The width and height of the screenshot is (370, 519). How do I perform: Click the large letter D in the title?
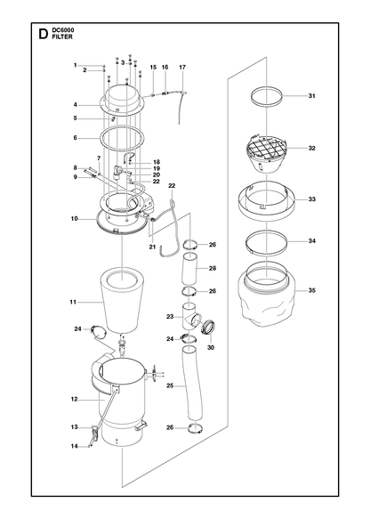click(43, 34)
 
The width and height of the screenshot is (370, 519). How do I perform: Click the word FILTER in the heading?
click(62, 37)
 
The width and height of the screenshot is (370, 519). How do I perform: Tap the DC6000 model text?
click(63, 30)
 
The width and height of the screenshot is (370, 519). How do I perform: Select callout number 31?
click(311, 96)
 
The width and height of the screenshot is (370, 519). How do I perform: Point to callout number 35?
click(311, 290)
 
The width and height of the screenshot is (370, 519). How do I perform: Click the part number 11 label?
click(73, 302)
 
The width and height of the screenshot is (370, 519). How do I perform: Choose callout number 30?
click(211, 347)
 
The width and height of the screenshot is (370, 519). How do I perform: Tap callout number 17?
click(182, 67)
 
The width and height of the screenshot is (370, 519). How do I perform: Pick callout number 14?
click(75, 446)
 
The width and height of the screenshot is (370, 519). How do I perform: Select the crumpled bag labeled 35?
click(267, 293)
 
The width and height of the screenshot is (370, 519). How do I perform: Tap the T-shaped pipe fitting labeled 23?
click(190, 317)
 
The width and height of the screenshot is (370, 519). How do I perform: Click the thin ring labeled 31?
click(267, 97)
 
